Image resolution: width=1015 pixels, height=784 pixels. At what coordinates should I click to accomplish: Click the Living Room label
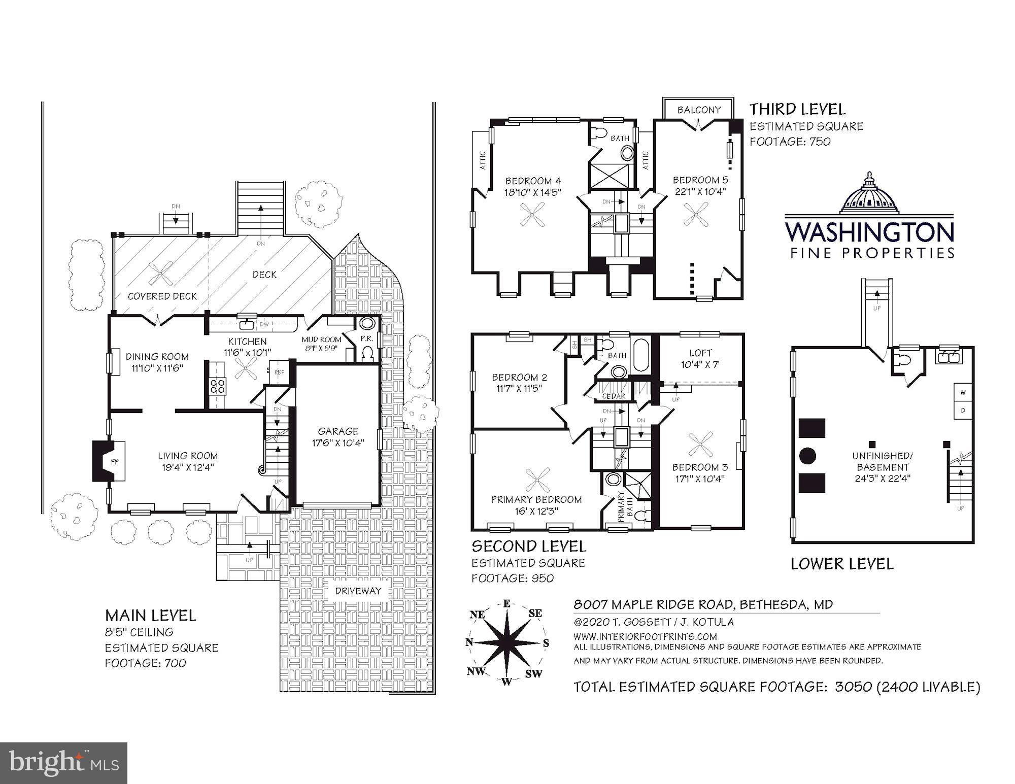pyautogui.click(x=188, y=456)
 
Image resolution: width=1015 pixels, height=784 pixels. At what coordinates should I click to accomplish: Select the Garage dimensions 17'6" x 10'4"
pyautogui.click(x=338, y=442)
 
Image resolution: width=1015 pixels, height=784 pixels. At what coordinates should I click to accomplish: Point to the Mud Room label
pyautogui.click(x=321, y=339)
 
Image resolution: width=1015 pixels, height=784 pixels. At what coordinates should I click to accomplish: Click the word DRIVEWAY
pyautogui.click(x=358, y=591)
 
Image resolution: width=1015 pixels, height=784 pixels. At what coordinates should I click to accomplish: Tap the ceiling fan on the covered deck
pyautogui.click(x=160, y=274)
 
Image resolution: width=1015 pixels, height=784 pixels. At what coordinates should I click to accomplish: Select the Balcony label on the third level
pyautogui.click(x=699, y=110)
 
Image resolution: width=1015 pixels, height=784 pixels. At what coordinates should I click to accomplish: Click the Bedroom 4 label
pyautogui.click(x=533, y=181)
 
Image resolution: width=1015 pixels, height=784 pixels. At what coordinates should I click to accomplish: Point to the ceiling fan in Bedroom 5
pyautogui.click(x=696, y=214)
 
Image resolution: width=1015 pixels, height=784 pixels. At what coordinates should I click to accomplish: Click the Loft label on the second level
pyautogui.click(x=700, y=353)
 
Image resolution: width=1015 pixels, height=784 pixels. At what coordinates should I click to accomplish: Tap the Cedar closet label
pyautogui.click(x=613, y=396)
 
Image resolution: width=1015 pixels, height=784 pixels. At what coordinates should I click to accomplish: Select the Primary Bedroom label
pyautogui.click(x=536, y=499)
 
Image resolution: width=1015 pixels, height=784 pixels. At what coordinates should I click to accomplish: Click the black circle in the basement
pyautogui.click(x=807, y=455)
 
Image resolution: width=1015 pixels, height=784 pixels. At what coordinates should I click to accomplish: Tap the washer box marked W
pyautogui.click(x=963, y=393)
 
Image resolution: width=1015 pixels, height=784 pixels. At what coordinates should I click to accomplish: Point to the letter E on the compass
pyautogui.click(x=506, y=603)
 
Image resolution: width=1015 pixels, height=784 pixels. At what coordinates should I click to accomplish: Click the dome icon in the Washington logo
pyautogui.click(x=869, y=195)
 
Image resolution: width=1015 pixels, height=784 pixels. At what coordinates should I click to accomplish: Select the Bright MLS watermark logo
pyautogui.click(x=64, y=763)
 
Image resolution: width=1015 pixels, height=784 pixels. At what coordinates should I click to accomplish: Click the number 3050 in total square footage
pyautogui.click(x=853, y=687)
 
